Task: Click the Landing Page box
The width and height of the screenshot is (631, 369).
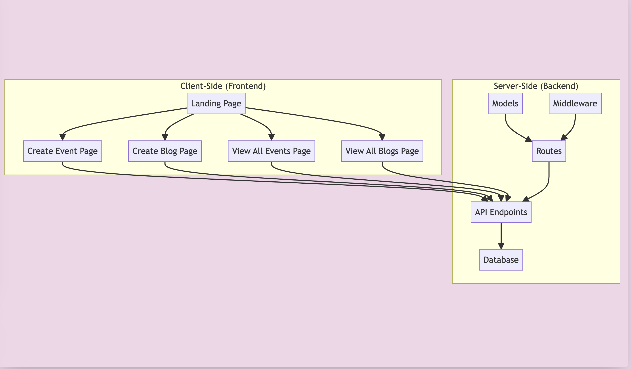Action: click(x=216, y=104)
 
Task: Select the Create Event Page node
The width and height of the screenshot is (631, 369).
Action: click(x=63, y=151)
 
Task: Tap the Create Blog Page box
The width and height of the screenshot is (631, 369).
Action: click(x=165, y=151)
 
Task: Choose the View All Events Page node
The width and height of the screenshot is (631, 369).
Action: click(x=272, y=151)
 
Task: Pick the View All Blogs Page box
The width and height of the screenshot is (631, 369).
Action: click(x=382, y=151)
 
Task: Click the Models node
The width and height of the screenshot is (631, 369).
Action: click(x=505, y=104)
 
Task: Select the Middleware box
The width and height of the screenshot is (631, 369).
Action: click(x=575, y=104)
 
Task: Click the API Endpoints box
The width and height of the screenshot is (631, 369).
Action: click(x=501, y=212)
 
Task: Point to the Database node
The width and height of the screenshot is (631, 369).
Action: click(x=501, y=260)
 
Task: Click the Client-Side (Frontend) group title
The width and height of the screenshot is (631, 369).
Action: click(x=223, y=86)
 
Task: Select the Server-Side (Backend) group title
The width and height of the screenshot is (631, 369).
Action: click(x=536, y=86)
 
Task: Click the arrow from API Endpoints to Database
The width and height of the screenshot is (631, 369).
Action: click(x=501, y=235)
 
